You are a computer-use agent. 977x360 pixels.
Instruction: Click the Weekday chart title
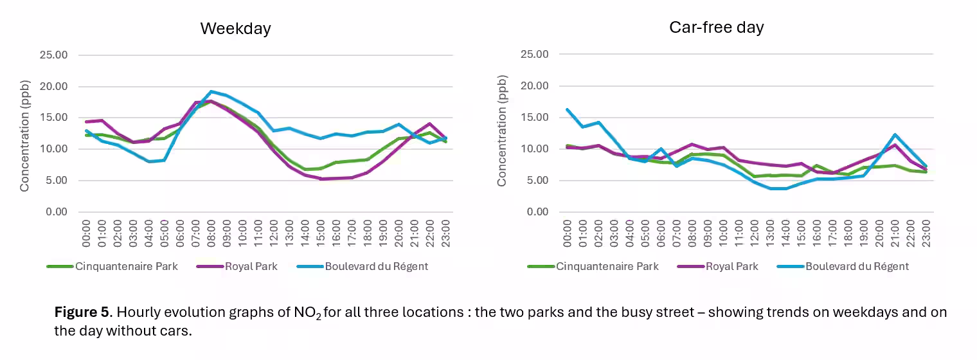coord(235,29)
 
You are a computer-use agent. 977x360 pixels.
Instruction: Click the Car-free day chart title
coord(716,28)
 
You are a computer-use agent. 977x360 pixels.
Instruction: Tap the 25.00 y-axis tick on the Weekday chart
coord(53,55)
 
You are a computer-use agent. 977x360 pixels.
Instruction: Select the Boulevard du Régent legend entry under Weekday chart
coord(376,266)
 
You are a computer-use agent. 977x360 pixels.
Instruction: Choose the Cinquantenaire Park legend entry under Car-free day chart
coord(607,266)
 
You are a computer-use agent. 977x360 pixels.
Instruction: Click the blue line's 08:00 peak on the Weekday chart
coord(211,92)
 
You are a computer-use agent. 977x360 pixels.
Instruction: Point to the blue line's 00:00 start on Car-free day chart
coord(567,109)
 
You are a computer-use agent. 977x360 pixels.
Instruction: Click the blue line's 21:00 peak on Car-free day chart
coord(895,135)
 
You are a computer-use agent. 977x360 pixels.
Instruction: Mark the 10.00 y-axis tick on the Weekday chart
coord(53,149)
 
